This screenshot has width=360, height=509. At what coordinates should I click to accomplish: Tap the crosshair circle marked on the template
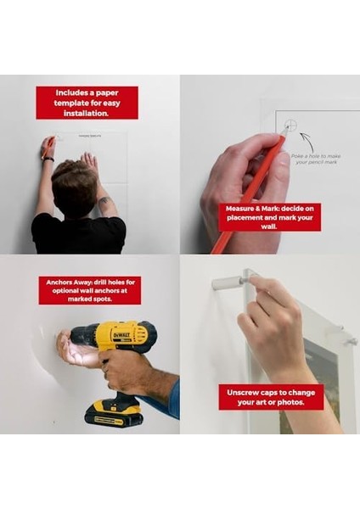coord(290,126)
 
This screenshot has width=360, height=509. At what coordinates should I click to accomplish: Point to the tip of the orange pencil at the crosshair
coord(284,133)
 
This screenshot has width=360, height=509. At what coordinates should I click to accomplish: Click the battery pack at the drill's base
coord(113,412)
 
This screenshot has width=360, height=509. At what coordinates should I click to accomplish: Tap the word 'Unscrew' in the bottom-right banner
coord(243,392)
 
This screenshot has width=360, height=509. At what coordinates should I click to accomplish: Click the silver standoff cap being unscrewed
coord(228,282)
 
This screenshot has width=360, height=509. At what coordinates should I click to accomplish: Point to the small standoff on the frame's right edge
coord(348,341)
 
